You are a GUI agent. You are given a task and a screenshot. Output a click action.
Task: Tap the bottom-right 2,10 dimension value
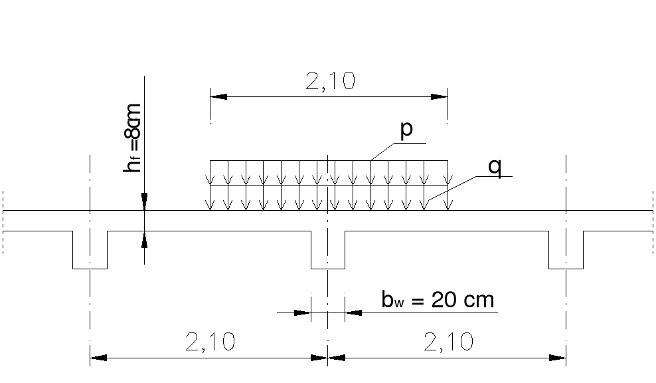click(x=447, y=342)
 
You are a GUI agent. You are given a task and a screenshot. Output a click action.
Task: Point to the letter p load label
click(x=406, y=129)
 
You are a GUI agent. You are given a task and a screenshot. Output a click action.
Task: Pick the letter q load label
click(x=494, y=166)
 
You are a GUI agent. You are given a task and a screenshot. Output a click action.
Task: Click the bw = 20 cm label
click(x=438, y=300)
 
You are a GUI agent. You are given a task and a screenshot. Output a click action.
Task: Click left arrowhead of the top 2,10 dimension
click(x=218, y=96)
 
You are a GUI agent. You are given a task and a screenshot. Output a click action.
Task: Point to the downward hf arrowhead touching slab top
click(x=144, y=203)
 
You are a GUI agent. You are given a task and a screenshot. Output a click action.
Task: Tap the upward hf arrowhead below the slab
click(x=144, y=239)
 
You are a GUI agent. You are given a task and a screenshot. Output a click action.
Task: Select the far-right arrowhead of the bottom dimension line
click(x=558, y=358)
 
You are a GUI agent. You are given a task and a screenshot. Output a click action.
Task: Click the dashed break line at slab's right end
click(x=652, y=221)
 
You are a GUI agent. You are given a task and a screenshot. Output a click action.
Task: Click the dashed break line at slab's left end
click(x=3, y=221)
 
